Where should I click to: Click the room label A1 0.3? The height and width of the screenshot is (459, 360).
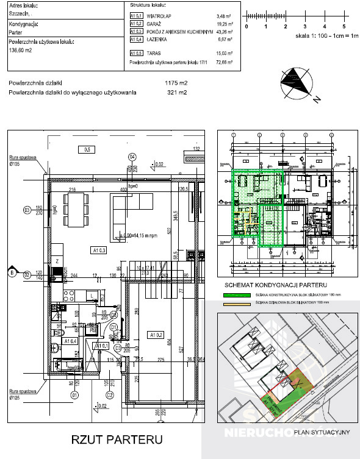(x=99, y=250)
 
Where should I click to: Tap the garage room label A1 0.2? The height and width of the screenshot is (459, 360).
(x=157, y=334)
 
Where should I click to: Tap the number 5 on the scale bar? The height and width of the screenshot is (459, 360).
(x=344, y=27)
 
